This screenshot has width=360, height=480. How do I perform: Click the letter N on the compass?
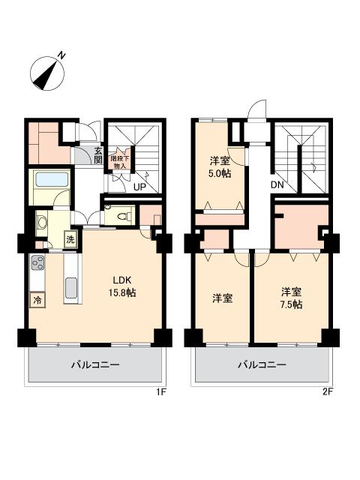[62, 55]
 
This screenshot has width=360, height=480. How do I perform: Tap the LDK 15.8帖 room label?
[122, 286]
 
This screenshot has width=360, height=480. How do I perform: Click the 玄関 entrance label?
[98, 154]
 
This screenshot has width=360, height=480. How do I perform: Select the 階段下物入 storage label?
[119, 163]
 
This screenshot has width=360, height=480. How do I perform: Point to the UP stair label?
[140, 187]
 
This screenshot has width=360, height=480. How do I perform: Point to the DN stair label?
[277, 184]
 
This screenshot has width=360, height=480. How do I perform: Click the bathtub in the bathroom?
[52, 179]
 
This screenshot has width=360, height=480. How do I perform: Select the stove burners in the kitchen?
[37, 262]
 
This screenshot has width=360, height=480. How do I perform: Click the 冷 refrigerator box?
[37, 300]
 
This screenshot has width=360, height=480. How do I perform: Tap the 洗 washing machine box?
[70, 239]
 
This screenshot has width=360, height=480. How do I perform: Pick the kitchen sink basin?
[71, 288]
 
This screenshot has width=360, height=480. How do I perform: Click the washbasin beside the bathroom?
[41, 221]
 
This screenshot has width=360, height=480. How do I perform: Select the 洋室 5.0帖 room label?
[220, 167]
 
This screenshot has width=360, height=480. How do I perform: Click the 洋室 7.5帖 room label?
[292, 298]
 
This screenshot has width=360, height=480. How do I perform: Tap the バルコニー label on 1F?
[95, 364]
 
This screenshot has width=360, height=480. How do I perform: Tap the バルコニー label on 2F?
[262, 364]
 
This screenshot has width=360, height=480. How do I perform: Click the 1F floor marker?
[161, 392]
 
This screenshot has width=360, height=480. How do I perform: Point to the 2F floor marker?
[328, 392]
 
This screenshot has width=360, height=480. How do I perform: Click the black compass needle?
[45, 75]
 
